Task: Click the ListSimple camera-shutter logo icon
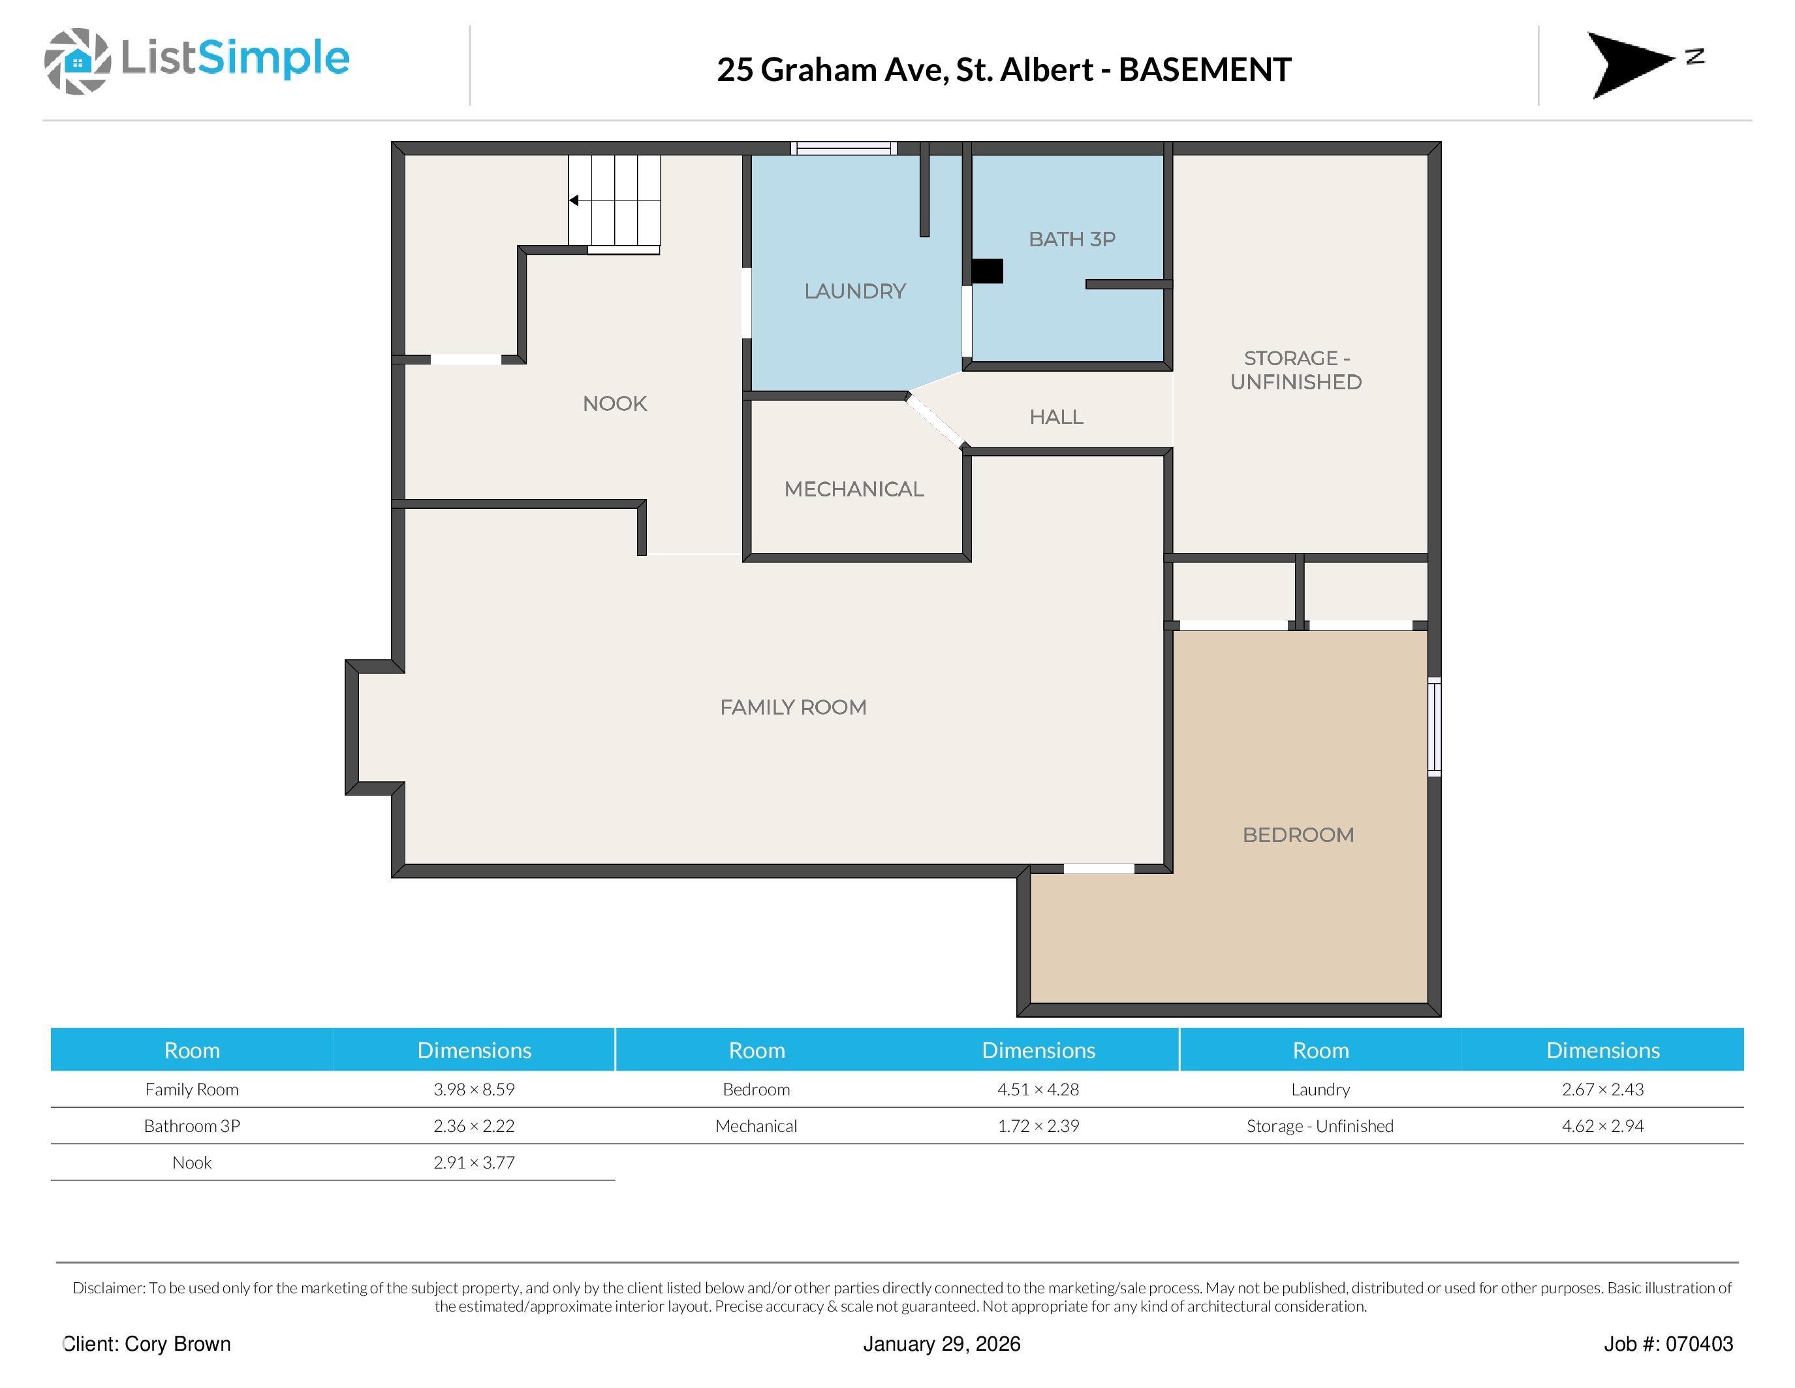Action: [77, 61]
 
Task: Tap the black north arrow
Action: [1630, 65]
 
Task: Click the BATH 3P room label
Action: [1072, 239]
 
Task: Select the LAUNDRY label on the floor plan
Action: [855, 291]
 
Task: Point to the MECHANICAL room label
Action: [854, 489]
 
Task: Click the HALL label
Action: [1056, 417]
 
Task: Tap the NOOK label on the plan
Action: [615, 404]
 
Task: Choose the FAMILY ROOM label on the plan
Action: [793, 707]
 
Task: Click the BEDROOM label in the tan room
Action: [1298, 835]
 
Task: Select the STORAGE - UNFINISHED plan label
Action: [1296, 370]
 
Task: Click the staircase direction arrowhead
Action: [574, 201]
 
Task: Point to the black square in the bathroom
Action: [987, 271]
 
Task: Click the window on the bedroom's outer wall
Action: [1434, 727]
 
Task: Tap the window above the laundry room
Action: [843, 149]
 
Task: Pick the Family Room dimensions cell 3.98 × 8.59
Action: [475, 1089]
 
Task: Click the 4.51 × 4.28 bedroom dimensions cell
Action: [1038, 1089]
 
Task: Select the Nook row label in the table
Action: [191, 1163]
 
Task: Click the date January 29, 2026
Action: [942, 1344]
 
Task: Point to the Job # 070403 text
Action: [1668, 1344]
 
